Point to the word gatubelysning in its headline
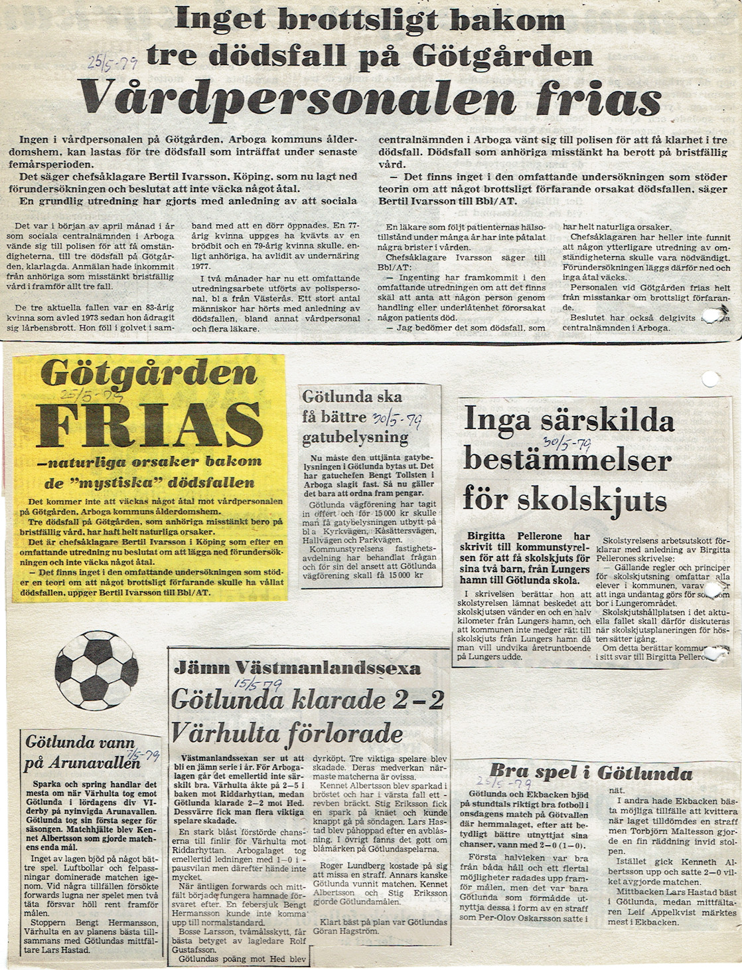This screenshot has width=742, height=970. coord(356,438)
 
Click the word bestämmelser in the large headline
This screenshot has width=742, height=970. coord(567,460)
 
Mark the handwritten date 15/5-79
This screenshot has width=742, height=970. coord(258,684)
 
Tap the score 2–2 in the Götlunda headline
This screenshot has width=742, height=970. coord(419,700)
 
